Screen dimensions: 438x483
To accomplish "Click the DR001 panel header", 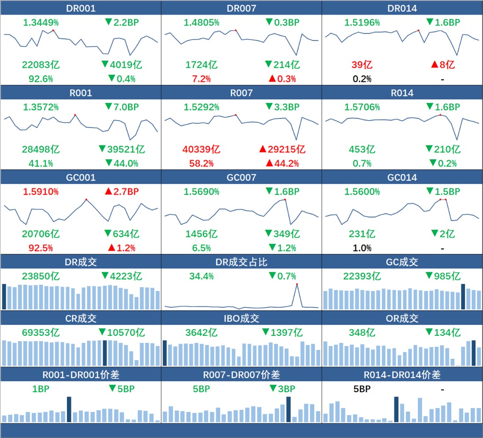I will [81, 8].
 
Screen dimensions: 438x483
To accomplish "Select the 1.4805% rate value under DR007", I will [201, 22].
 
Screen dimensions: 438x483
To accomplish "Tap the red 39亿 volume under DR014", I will [362, 65].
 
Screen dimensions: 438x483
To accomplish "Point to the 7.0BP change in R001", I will [119, 107].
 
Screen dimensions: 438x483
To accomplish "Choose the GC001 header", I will [81, 178].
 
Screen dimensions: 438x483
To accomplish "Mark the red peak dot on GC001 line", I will [86, 199].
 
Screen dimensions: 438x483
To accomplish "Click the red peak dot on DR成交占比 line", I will [297, 284].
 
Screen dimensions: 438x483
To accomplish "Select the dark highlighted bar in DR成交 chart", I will [4, 297].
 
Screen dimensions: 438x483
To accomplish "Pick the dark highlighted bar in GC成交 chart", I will [463, 297].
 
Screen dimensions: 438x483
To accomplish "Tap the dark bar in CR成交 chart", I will [104, 353].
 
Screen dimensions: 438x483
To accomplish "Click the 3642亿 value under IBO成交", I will [201, 333].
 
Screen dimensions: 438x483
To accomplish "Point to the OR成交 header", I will [402, 318].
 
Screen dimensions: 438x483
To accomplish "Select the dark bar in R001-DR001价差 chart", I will [69, 409].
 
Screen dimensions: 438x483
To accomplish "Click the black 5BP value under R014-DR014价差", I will [362, 389].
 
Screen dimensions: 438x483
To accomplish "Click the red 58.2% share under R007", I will [201, 163].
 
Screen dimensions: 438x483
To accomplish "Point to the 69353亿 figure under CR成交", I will [40, 333].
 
